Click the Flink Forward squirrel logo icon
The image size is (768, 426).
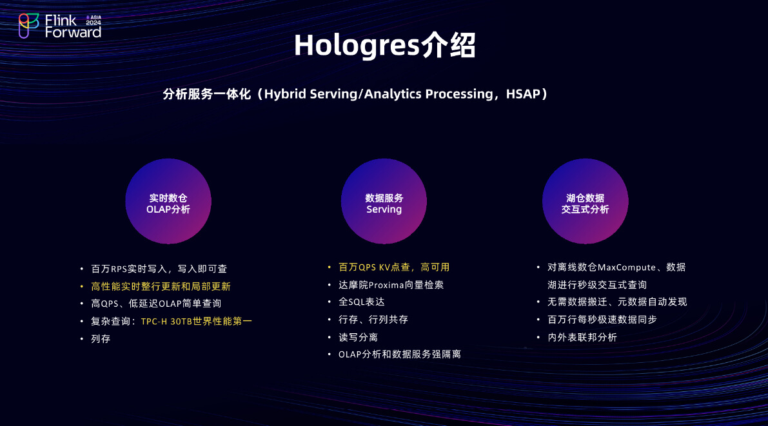point(28,26)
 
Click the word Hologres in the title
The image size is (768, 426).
point(357,46)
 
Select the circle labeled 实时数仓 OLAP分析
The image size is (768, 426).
point(168,201)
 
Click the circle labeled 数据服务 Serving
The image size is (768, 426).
point(384,201)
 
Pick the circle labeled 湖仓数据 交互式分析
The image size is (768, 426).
point(586,201)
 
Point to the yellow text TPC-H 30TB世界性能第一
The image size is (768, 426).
point(197,321)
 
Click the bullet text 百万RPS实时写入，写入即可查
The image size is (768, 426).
point(159,269)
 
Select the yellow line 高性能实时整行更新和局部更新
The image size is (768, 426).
point(161,286)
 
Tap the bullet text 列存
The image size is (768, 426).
point(101,339)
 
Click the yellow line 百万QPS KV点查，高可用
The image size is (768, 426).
point(394,267)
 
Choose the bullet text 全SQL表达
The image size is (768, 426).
point(362,302)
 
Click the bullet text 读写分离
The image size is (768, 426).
point(358,337)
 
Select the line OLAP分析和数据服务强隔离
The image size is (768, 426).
point(400,354)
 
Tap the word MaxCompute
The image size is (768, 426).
point(626,267)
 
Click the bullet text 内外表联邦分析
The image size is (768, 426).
point(582,337)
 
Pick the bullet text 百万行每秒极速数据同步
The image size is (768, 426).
point(602,320)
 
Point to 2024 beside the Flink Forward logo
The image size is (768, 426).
point(94,23)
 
